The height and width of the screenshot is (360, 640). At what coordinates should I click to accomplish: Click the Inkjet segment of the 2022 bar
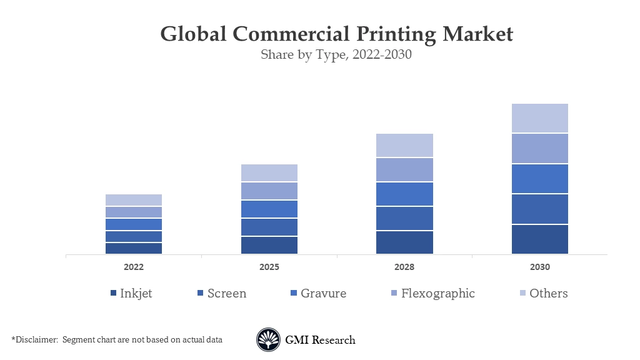[x=134, y=248]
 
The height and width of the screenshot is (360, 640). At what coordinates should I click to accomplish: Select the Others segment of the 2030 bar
[x=540, y=118]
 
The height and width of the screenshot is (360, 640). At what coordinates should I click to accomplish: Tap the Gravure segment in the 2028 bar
[x=404, y=194]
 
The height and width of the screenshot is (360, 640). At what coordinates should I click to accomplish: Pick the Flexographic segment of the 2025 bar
[x=269, y=191]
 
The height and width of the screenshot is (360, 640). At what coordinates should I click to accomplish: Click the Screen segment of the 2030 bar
[x=540, y=209]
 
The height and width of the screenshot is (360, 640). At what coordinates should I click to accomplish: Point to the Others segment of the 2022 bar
[x=134, y=200]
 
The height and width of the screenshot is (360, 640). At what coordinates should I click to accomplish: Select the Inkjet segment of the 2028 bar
[x=404, y=242]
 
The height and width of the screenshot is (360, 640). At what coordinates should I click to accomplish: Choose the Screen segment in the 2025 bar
[x=269, y=227]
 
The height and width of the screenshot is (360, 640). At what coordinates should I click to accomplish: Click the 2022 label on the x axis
[x=134, y=267]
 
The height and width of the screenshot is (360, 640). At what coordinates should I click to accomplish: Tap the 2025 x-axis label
[x=269, y=267]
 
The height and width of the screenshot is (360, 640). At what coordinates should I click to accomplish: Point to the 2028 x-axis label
[x=404, y=267]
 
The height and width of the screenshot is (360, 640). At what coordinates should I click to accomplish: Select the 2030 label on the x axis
[x=540, y=267]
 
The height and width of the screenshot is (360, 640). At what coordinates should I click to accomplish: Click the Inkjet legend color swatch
[x=113, y=294]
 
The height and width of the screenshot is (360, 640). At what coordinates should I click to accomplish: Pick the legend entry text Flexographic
[x=437, y=293]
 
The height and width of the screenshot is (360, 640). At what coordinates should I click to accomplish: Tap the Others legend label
[x=548, y=293]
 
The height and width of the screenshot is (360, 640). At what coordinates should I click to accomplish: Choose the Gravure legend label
[x=323, y=293]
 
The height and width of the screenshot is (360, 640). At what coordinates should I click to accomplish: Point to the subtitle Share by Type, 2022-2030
[x=336, y=54]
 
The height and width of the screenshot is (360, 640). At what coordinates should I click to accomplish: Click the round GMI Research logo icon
[x=268, y=340]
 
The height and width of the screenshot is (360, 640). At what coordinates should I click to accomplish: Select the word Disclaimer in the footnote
[x=36, y=339]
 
